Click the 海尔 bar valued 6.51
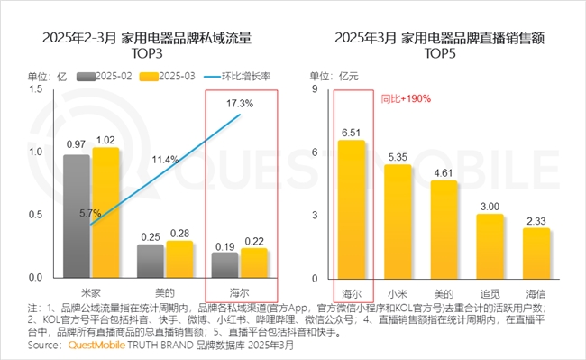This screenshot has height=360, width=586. point(351,208)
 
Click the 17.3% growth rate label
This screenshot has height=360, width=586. point(239,104)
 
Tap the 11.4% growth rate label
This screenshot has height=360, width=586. point(165,159)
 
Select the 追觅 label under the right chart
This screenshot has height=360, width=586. point(490,293)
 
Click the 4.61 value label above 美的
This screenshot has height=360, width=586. point(444,171)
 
